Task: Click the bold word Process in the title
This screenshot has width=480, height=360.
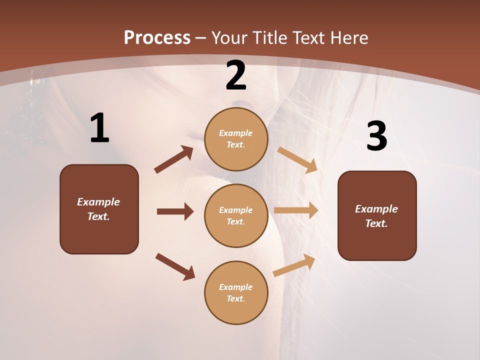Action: pos(157,38)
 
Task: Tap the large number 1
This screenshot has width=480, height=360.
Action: pos(99,128)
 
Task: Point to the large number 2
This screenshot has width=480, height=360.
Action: pos(236,76)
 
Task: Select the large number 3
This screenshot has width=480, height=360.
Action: pos(376,136)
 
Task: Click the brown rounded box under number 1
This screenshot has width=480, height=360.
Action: pos(99,209)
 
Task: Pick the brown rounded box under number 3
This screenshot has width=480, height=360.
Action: pos(377,215)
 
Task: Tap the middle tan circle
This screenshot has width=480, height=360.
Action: pos(236,215)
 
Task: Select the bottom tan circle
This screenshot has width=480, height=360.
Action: pos(236,292)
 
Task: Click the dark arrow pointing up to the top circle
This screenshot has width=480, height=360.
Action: pos(174,159)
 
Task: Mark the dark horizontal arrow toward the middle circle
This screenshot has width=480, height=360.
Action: pos(175,211)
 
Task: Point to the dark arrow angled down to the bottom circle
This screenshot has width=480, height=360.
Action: pos(175,266)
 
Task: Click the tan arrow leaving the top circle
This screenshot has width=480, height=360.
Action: pos(297,160)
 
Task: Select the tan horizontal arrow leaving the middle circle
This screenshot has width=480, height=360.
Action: pos(296,210)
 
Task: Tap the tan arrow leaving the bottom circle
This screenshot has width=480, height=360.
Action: pos(294,265)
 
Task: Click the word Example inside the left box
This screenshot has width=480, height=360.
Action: pos(98,202)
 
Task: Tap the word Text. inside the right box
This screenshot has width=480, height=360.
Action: pos(376,223)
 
